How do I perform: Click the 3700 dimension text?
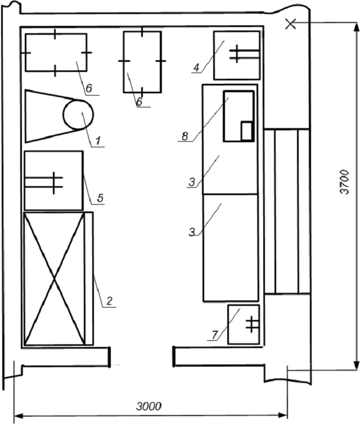[x=345, y=182]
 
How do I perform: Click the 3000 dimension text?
[x=148, y=407]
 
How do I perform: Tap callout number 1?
[x=98, y=141]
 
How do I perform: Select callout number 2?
[x=109, y=301]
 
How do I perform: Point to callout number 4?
[x=197, y=67]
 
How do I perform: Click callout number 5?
[x=100, y=198]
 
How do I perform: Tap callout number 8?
[x=184, y=136]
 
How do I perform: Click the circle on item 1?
[x=78, y=114]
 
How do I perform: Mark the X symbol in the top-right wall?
[x=291, y=24]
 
